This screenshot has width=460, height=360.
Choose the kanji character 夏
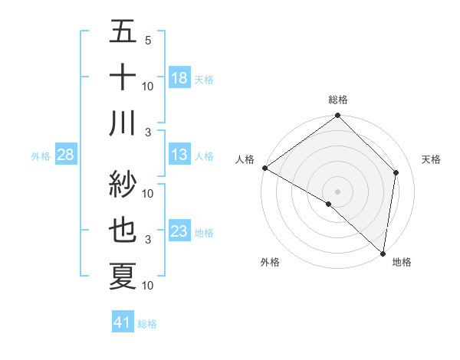(123, 277)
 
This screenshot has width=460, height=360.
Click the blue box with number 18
(179, 78)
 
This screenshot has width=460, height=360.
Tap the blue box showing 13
(179, 155)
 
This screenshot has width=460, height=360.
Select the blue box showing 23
(179, 231)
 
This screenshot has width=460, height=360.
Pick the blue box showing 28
(65, 155)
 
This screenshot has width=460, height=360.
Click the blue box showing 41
(123, 323)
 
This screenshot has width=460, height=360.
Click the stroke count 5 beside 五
(147, 41)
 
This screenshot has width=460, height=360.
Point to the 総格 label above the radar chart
(338, 100)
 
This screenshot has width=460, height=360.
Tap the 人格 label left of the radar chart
(245, 159)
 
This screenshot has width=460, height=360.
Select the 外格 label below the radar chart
(270, 263)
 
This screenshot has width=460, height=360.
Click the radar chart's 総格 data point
(338, 116)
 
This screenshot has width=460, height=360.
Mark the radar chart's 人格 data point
(264, 168)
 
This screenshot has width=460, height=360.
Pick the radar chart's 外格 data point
(328, 205)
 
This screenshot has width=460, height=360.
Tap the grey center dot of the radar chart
(338, 191)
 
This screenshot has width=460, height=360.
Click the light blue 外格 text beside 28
(40, 156)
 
